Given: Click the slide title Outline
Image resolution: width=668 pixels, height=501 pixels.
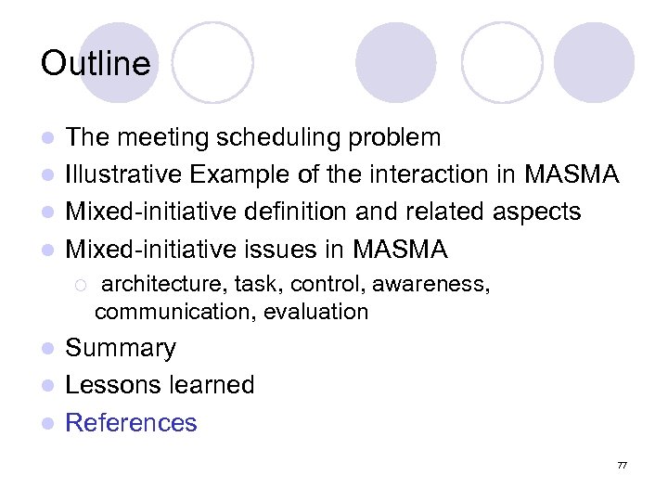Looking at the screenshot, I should point(96,64).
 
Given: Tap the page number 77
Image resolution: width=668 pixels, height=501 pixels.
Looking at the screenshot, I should point(622,465).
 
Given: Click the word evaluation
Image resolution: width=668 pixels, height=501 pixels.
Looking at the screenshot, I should point(315,312).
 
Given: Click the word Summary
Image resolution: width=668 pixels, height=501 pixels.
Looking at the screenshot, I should point(121,348).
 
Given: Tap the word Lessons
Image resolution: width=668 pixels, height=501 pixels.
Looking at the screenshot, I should point(108,385).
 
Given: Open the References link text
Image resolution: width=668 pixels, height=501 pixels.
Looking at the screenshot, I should point(131,422).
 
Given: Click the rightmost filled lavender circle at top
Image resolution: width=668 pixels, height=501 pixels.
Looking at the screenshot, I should point(594,62).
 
